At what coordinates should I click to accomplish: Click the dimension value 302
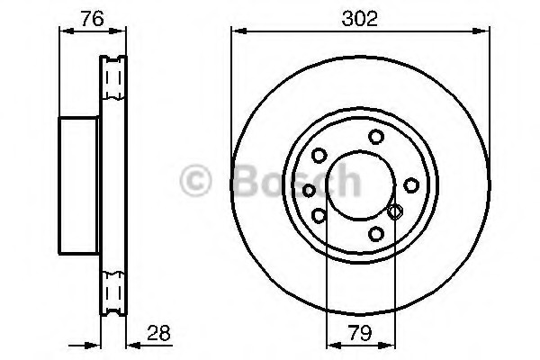[x=359, y=18]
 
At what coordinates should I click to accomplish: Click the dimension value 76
[x=93, y=19]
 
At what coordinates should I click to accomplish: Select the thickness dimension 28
[x=158, y=333]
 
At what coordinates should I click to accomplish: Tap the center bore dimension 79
[x=360, y=333]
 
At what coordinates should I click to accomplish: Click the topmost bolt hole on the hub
[x=376, y=137]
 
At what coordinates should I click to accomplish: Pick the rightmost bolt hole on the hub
[x=411, y=185]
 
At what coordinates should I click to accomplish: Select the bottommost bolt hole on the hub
[x=376, y=234]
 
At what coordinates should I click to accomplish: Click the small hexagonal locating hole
[x=395, y=211]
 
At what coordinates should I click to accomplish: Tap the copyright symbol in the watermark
[x=195, y=181]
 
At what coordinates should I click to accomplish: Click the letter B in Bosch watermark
[x=247, y=181]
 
